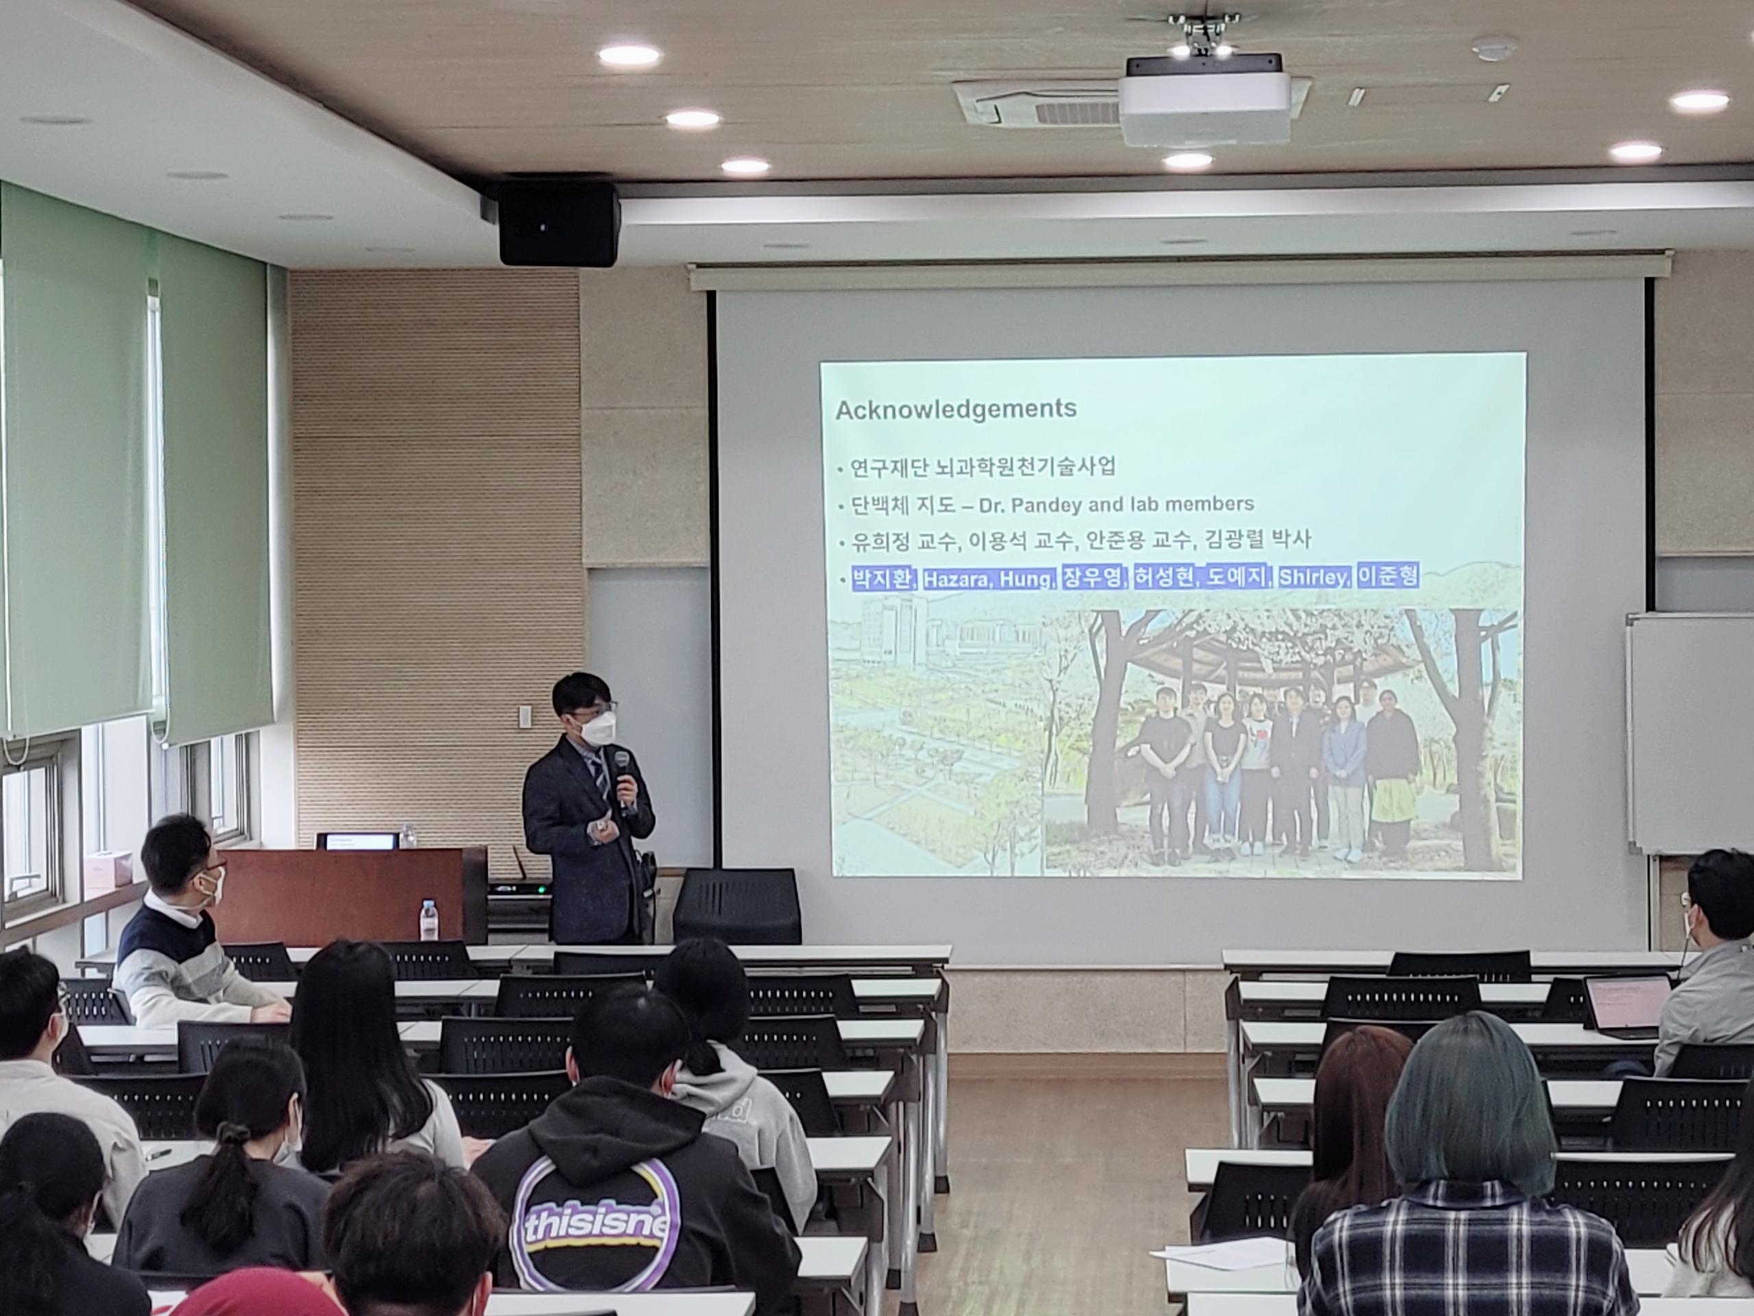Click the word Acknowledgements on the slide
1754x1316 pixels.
click(x=956, y=409)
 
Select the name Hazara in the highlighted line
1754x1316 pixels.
click(x=956, y=580)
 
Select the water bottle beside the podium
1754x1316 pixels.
click(x=428, y=920)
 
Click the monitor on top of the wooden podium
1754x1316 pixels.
click(x=356, y=841)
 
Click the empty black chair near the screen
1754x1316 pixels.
click(x=737, y=904)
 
